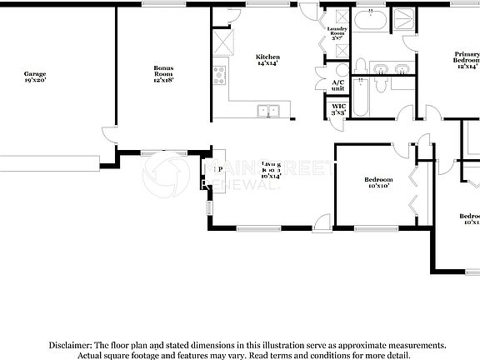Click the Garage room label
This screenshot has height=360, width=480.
point(34,73)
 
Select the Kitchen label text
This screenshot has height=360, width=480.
point(267,59)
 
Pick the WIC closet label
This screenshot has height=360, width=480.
point(338,109)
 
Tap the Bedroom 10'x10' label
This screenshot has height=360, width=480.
point(377,182)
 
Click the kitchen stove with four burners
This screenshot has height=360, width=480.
point(220,76)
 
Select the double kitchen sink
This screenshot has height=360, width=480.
point(268,109)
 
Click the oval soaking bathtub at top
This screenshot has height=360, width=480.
point(369,21)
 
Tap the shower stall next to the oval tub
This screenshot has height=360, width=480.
point(407,21)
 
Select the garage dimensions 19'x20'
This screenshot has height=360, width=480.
point(34,81)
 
